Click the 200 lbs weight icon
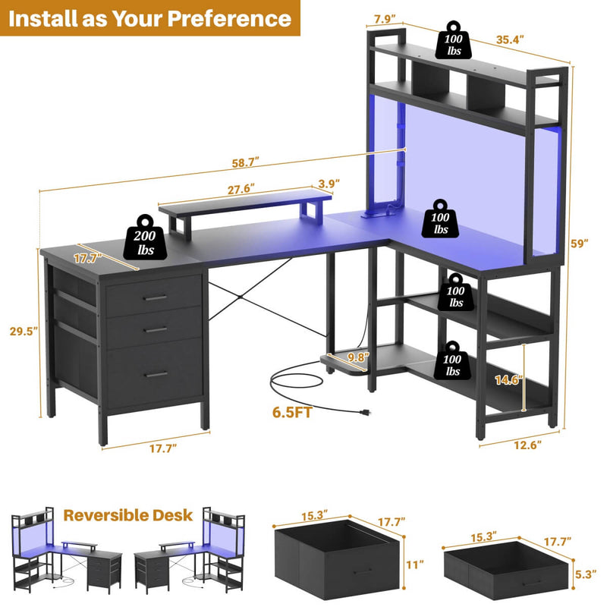tap(145, 237)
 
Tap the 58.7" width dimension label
tap(245, 162)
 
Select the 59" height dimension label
tap(579, 244)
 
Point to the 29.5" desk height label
tap(24, 331)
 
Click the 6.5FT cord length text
tap(292, 412)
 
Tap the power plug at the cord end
tap(364, 413)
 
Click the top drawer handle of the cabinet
tap(155, 297)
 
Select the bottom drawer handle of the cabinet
tap(156, 374)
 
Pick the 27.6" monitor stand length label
tap(241, 189)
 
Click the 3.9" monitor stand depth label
tap(329, 183)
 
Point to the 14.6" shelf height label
tap(508, 380)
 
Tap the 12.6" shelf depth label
tap(527, 445)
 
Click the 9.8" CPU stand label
tap(358, 357)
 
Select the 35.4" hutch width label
tap(510, 39)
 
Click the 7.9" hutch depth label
tap(385, 19)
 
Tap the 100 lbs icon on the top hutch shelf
tap(453, 41)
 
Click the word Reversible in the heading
tap(105, 515)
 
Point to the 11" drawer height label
tap(415, 565)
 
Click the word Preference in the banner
tap(229, 18)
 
